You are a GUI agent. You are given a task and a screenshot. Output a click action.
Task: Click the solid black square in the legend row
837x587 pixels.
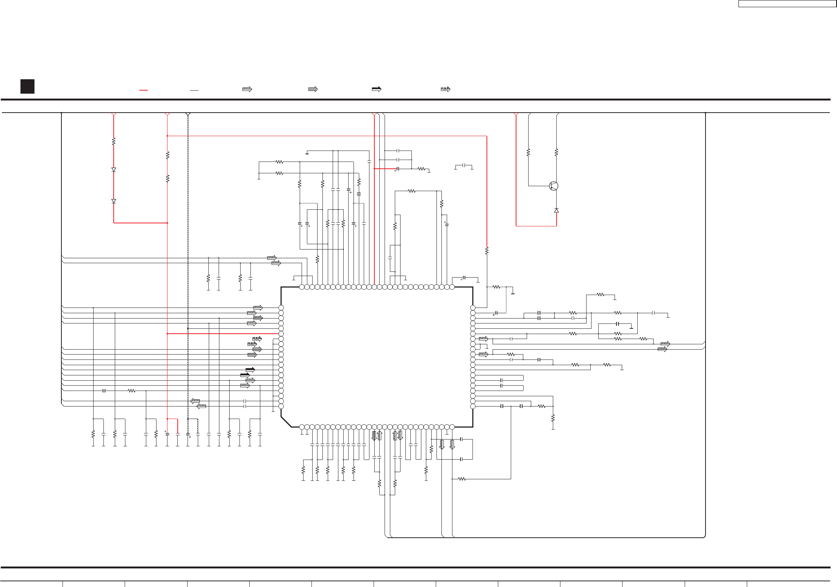point(27,86)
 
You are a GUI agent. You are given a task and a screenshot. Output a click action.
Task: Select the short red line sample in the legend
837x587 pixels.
point(143,90)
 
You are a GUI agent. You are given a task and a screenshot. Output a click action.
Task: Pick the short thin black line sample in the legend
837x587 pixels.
point(194,90)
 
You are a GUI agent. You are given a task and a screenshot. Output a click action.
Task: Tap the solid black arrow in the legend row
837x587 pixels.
point(376,89)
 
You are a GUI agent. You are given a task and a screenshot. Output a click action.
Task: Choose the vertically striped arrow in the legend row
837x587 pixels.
point(313,89)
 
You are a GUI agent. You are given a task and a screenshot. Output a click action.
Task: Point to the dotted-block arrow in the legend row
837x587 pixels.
point(445,89)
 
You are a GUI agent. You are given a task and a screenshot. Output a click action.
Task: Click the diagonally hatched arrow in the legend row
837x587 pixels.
point(247,89)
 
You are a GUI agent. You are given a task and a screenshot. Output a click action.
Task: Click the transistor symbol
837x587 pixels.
point(554,186)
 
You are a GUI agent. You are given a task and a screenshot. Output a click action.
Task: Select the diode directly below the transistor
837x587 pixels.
point(556,210)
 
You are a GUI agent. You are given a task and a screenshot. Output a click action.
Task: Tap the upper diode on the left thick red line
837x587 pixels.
point(114,170)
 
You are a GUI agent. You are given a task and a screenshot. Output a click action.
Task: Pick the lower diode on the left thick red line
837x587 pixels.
point(114,201)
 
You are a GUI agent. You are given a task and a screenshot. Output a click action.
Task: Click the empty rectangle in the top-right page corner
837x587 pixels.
point(787,4)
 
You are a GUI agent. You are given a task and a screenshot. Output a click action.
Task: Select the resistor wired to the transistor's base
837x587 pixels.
point(528,152)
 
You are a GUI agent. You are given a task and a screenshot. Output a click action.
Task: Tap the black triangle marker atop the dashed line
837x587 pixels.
point(188,114)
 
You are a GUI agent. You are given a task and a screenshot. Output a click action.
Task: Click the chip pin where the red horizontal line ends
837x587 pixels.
point(281,334)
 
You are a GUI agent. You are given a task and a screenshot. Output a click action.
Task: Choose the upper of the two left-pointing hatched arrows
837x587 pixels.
point(195,401)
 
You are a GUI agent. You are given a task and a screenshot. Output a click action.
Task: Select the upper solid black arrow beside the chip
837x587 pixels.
point(250,370)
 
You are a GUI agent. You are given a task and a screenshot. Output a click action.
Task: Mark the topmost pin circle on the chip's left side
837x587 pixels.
point(281,308)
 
